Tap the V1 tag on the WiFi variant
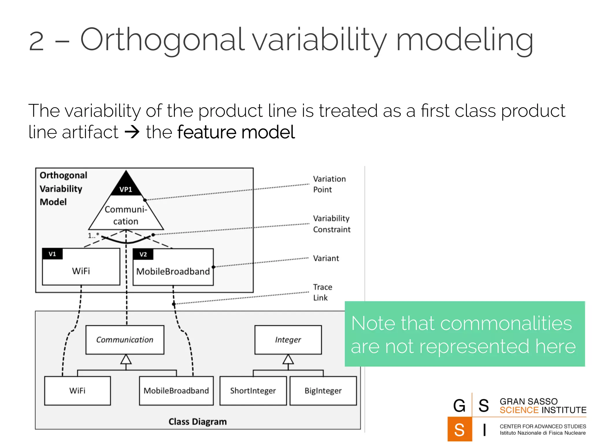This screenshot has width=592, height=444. click(52, 254)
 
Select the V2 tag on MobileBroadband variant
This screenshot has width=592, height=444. click(143, 254)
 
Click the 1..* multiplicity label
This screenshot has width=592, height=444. click(93, 235)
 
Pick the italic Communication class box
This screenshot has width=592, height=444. click(125, 340)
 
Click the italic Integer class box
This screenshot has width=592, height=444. click(288, 340)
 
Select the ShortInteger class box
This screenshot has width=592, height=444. click(253, 391)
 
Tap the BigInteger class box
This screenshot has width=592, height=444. click(323, 391)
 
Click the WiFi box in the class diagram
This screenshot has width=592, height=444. click(77, 391)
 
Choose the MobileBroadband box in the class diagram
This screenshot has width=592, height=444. click(176, 391)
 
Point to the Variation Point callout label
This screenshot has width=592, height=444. click(329, 184)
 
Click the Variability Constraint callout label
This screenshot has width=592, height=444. click(332, 224)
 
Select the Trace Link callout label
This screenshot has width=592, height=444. click(322, 292)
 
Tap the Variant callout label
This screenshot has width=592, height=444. click(326, 258)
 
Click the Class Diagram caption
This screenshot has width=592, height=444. click(197, 421)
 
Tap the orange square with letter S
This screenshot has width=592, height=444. click(459, 429)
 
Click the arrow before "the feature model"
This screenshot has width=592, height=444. click(132, 132)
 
